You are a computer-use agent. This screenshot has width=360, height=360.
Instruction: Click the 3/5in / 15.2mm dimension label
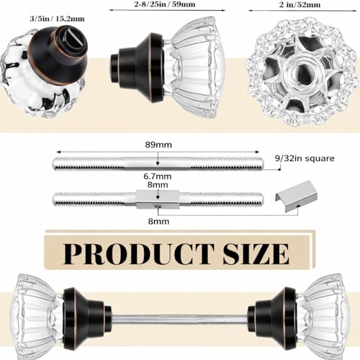(x=57, y=19)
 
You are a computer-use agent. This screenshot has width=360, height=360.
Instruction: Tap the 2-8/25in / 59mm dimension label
(x=165, y=4)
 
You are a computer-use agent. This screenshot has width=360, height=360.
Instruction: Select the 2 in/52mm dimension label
(x=300, y=4)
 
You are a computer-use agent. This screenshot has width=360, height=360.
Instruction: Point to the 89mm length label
(x=158, y=145)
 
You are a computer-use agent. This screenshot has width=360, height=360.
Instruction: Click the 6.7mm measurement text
(x=158, y=176)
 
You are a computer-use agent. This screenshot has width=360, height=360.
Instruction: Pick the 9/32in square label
(x=305, y=158)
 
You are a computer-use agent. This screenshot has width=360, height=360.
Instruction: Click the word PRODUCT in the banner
(x=139, y=254)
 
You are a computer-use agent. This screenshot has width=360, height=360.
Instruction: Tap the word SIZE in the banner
(x=256, y=254)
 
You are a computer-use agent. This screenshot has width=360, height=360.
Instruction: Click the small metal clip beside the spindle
(x=297, y=196)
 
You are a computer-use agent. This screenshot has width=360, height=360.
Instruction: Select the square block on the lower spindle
(x=158, y=199)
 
